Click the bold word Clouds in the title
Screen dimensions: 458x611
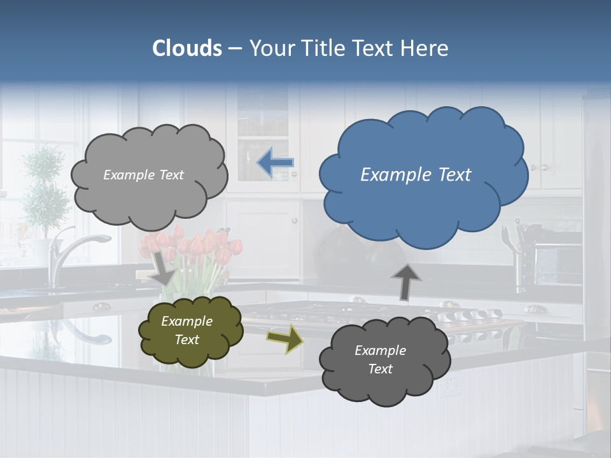[187, 48]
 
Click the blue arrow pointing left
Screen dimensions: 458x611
[275, 163]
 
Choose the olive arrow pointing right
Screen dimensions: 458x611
[285, 338]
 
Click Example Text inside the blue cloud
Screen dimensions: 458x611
[416, 175]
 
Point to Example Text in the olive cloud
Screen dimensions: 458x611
[186, 330]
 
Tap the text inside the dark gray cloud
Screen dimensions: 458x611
[380, 359]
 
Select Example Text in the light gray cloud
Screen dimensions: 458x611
[143, 175]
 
